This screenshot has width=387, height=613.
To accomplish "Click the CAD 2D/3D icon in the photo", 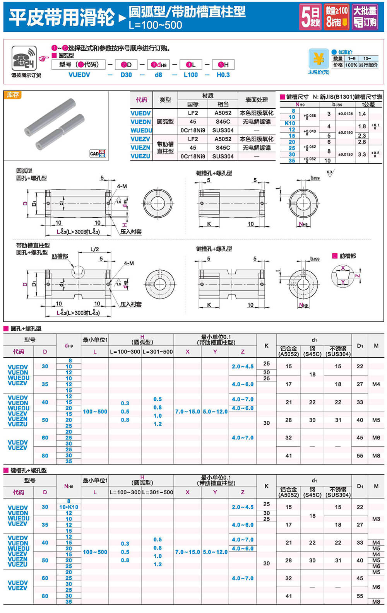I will click(x=98, y=154).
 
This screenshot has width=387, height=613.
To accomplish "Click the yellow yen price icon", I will click(x=319, y=59).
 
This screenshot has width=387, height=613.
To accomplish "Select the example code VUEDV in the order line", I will click(x=79, y=75).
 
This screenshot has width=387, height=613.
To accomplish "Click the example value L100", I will click(x=190, y=75).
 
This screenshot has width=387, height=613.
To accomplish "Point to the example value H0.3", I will click(x=223, y=75).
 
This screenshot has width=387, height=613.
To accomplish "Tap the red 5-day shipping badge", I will click(x=310, y=17).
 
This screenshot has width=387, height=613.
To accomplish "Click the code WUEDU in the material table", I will click(x=141, y=130).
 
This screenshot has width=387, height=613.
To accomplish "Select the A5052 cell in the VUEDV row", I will click(x=223, y=113).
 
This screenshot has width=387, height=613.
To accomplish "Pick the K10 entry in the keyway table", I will click(x=290, y=123).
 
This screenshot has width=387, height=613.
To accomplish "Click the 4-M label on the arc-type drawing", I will click(x=122, y=186).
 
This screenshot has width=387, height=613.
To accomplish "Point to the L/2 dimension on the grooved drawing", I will click(x=94, y=249).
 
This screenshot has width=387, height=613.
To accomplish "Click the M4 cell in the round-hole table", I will click(x=376, y=384).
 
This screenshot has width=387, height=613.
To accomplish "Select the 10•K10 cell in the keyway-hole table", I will click(x=68, y=507).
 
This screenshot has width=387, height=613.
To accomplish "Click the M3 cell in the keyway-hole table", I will click(x=376, y=519).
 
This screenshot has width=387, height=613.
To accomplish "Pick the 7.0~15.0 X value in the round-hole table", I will click(x=187, y=412).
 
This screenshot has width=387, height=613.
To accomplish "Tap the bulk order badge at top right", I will click(x=365, y=17).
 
